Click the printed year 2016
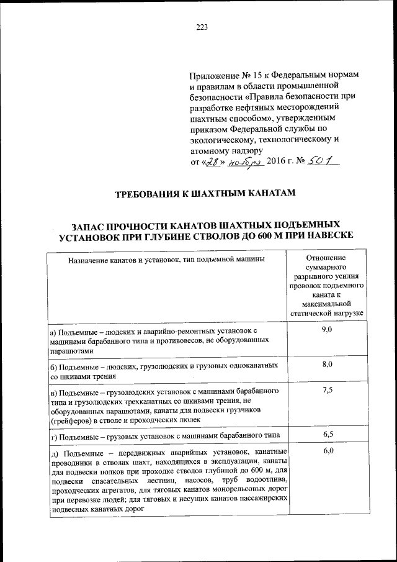(279, 162)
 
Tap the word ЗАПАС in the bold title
(91, 224)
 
